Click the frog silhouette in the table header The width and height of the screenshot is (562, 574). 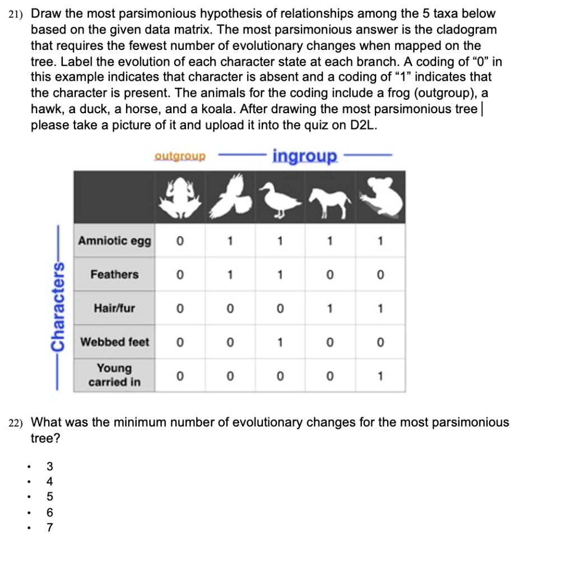pyautogui.click(x=179, y=198)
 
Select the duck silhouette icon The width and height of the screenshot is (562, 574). pyautogui.click(x=280, y=198)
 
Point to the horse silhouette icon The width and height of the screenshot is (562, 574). pyautogui.click(x=329, y=200)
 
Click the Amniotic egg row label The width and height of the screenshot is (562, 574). pyautogui.click(x=114, y=241)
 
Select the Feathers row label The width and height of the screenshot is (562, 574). pyautogui.click(x=114, y=275)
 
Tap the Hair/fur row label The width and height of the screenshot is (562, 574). pyautogui.click(x=114, y=308)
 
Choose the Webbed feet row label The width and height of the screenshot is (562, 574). pyautogui.click(x=114, y=342)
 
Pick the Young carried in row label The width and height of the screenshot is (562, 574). pyautogui.click(x=114, y=376)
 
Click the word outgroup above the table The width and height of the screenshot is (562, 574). pyautogui.click(x=180, y=156)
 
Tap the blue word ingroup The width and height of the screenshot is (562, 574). pyautogui.click(x=305, y=155)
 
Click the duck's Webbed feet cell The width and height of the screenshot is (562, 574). pyautogui.click(x=280, y=342)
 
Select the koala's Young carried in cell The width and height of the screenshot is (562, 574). pyautogui.click(x=380, y=376)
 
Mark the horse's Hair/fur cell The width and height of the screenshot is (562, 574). pyautogui.click(x=330, y=308)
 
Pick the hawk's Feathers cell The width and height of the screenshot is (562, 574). pyautogui.click(x=230, y=275)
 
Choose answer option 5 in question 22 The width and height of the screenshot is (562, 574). pyautogui.click(x=50, y=496)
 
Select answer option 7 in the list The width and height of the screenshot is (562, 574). pyautogui.click(x=50, y=527)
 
